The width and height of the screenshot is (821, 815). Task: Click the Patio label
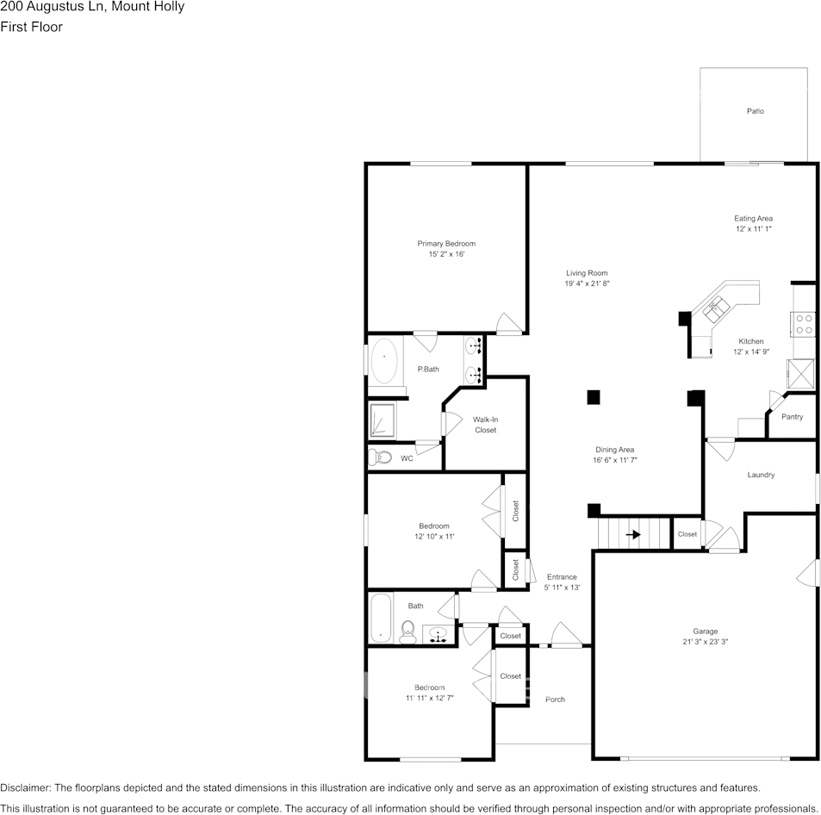[755, 111]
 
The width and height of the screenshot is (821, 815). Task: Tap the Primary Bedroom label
[446, 244]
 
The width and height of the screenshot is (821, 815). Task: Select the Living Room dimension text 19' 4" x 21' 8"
[587, 283]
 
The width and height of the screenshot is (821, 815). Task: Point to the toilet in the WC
[379, 457]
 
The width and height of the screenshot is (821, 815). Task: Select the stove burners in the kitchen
[805, 324]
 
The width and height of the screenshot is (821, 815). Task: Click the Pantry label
[792, 417]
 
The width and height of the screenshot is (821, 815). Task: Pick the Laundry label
[761, 475]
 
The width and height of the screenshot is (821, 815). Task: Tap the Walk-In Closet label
[485, 425]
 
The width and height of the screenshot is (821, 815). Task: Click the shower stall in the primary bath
[382, 421]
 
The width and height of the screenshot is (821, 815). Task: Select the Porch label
[556, 700]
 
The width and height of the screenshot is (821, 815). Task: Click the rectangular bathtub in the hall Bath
[381, 618]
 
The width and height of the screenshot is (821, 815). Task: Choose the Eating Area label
[753, 219]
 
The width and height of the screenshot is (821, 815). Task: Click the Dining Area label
[614, 450]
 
